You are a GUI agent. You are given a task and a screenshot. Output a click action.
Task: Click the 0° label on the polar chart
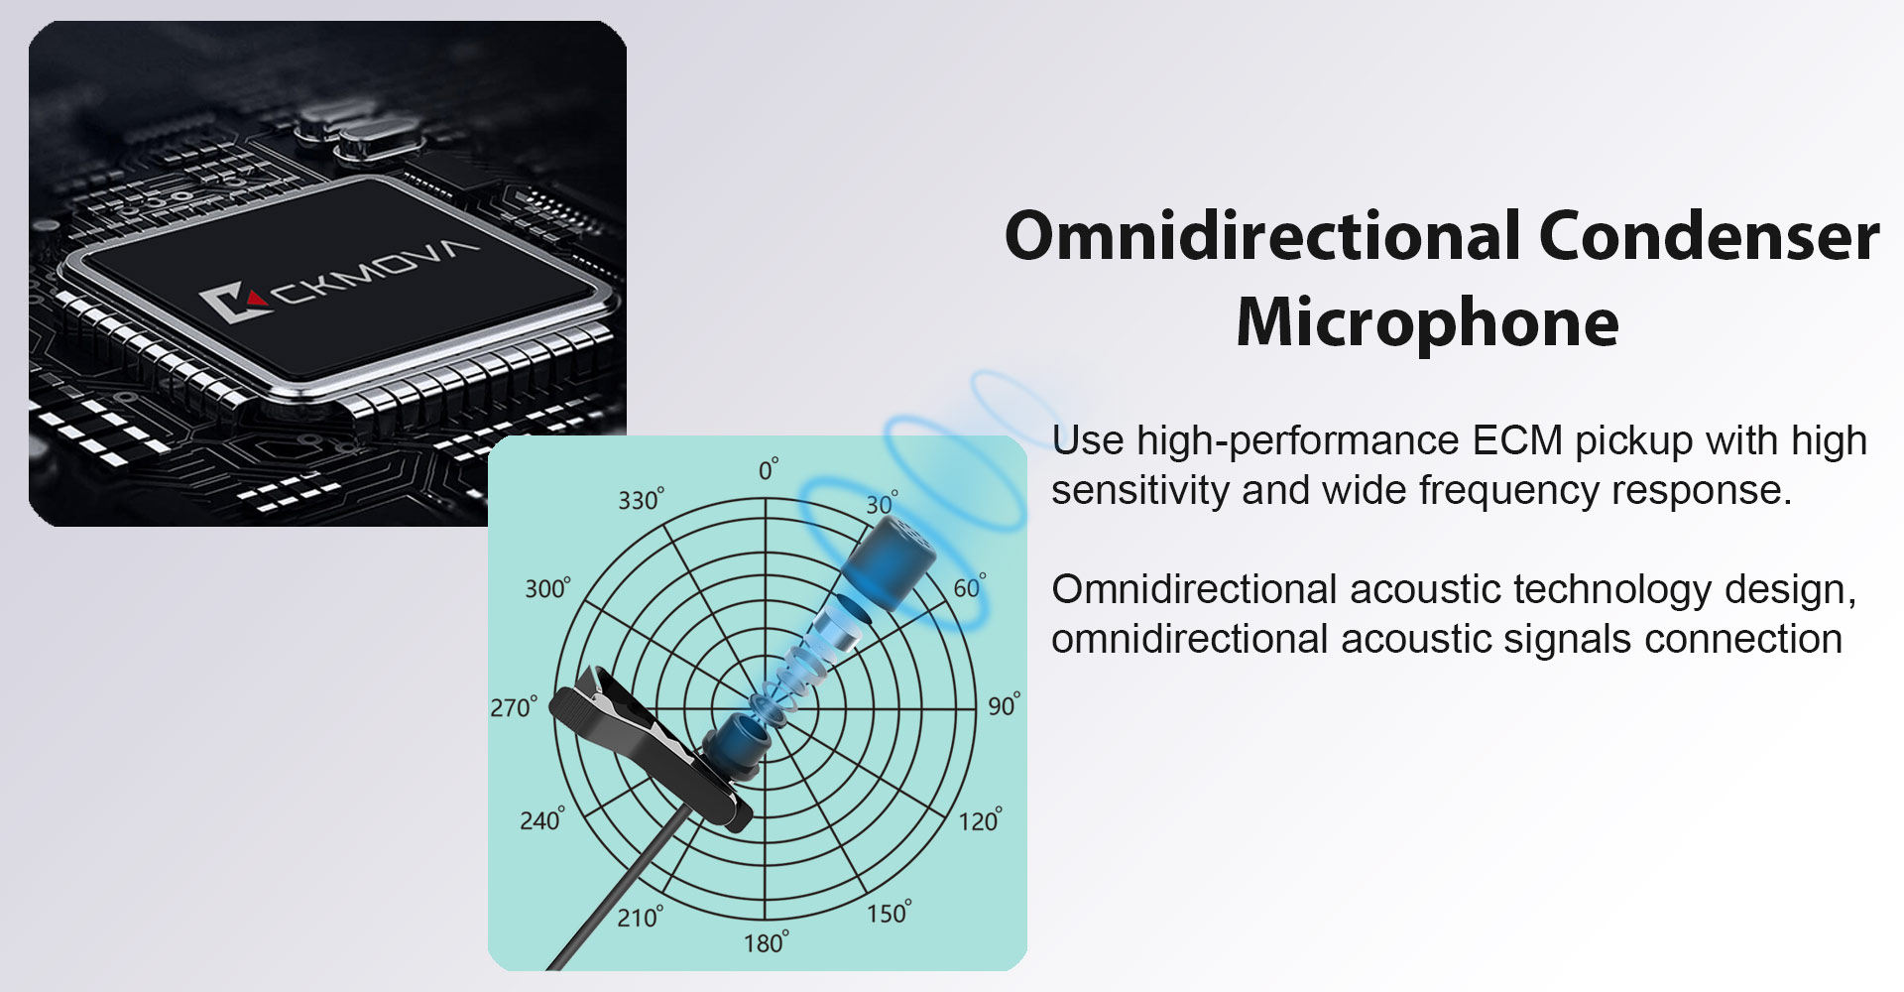[769, 469]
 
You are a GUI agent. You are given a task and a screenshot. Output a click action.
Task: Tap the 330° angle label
[642, 499]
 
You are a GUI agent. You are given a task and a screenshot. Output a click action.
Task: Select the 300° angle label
[548, 587]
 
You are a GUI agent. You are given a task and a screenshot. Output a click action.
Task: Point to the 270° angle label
[514, 706]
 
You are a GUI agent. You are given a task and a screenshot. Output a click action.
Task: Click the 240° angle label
[542, 818]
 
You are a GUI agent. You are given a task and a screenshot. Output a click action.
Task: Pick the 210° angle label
[641, 916]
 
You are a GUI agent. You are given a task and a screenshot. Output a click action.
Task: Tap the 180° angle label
[767, 941]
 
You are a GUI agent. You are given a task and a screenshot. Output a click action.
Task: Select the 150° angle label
[890, 912]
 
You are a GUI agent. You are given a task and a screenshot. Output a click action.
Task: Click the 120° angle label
[980, 819]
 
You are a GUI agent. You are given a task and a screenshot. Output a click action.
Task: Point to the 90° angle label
[1004, 704]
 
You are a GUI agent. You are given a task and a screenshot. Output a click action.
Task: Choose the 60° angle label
[970, 586]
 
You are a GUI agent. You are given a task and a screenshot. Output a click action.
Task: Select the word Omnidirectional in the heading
[1262, 236]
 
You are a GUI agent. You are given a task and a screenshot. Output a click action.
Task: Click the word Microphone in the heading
[1427, 322]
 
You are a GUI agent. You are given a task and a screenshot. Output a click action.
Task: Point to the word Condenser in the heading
[1709, 236]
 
